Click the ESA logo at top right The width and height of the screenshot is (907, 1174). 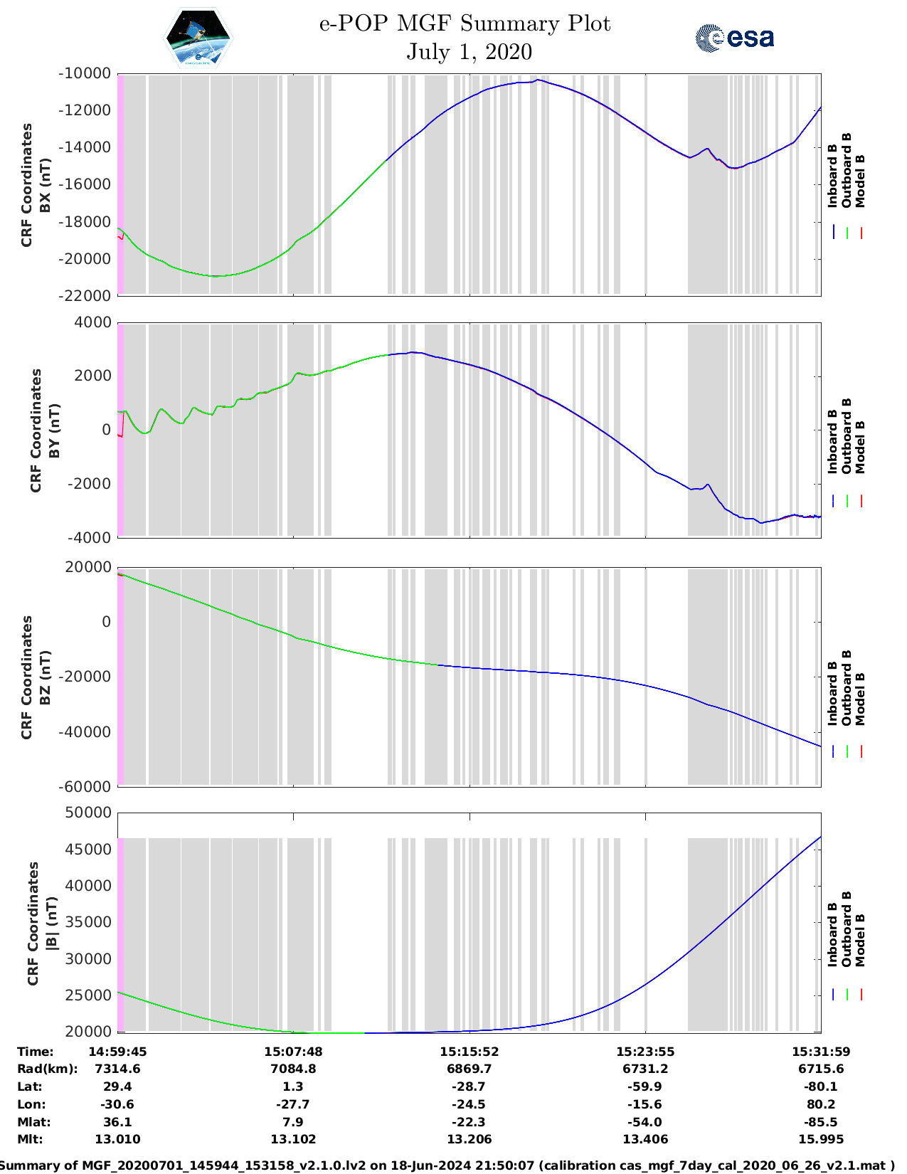(x=734, y=38)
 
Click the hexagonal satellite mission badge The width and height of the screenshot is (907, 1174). (x=198, y=38)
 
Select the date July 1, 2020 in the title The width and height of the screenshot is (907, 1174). (x=469, y=52)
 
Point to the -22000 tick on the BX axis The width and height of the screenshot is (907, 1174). (x=85, y=295)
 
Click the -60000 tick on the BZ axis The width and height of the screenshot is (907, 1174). (x=85, y=786)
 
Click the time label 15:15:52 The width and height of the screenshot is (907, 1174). (x=469, y=1051)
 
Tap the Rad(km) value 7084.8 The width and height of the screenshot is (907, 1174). (x=293, y=1069)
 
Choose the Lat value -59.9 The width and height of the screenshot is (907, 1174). (x=645, y=1086)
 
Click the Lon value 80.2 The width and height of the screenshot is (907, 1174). (x=821, y=1104)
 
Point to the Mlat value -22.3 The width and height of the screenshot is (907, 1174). (x=469, y=1122)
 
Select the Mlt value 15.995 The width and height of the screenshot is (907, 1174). (x=821, y=1139)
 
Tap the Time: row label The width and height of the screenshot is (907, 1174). (x=36, y=1051)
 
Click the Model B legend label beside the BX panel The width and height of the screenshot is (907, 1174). (x=860, y=181)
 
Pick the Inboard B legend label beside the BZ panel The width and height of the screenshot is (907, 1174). (x=833, y=694)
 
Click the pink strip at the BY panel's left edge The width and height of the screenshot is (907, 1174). (x=121, y=430)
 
